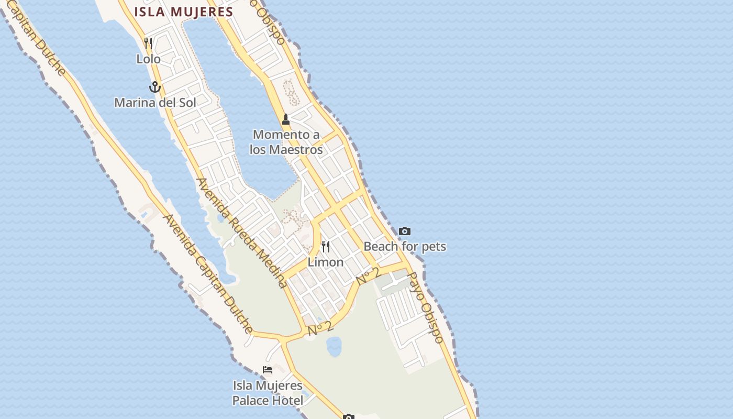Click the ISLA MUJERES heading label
pos(183,12)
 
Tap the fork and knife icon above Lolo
pos(148,43)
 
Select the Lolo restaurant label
pos(148,59)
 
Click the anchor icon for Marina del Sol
pos(154,86)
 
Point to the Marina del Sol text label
pos(155,102)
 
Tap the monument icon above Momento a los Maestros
pos(286,119)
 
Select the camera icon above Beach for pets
pos(405,231)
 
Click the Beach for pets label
pos(405,246)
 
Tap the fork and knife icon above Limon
pos(326,246)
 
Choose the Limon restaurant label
pos(326,262)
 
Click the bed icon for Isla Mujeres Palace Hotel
pos(268,370)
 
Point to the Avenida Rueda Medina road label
pos(241,233)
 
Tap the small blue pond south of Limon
pos(334,346)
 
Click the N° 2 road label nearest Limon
pos(368,276)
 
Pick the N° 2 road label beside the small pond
pos(320,328)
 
